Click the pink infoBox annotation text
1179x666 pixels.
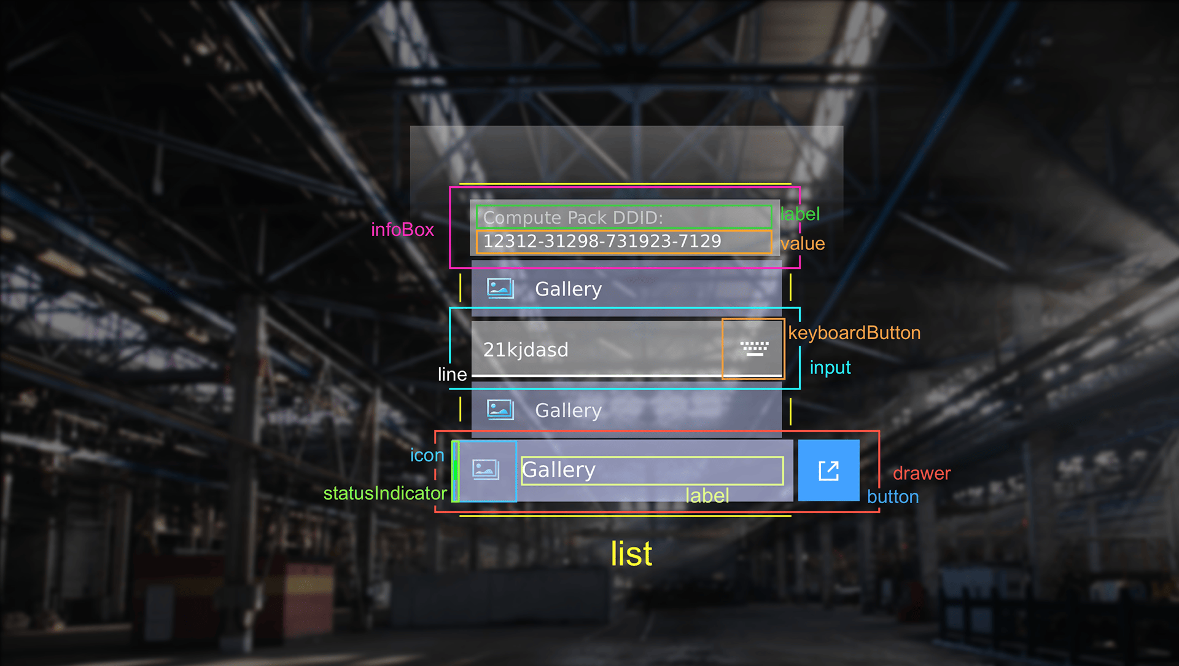coord(402,230)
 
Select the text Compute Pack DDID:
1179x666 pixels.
coord(573,217)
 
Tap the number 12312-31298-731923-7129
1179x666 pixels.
coord(602,241)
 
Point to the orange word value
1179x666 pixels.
coord(803,244)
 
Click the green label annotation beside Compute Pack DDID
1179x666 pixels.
coord(800,214)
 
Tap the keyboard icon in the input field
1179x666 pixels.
coord(754,348)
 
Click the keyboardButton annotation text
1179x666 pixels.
coord(854,333)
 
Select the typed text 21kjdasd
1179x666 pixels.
coord(526,350)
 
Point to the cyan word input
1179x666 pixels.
coord(830,367)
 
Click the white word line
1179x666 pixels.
coord(452,374)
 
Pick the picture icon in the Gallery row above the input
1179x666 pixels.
coord(500,288)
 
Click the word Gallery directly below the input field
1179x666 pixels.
coord(568,410)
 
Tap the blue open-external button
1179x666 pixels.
coord(828,471)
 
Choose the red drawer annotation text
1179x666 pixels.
coord(921,474)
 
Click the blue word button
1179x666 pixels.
coord(893,497)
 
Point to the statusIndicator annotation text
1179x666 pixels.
coord(385,493)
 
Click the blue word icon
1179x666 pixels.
coord(427,455)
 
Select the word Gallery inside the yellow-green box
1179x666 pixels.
coord(559,470)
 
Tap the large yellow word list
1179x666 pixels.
coord(631,554)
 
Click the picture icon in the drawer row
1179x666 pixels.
coord(486,470)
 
